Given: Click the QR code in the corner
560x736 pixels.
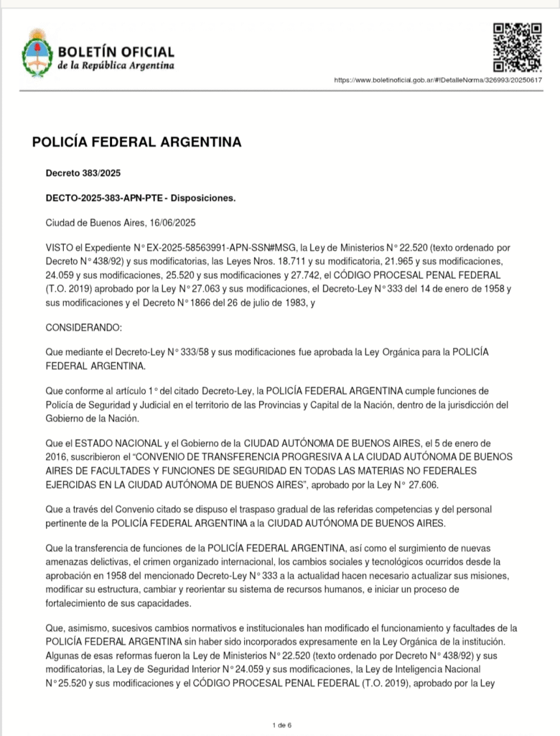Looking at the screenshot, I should pyautogui.click(x=517, y=47).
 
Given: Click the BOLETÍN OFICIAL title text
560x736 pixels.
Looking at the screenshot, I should pyautogui.click(x=116, y=52).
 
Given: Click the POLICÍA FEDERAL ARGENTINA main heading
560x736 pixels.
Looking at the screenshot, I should pyautogui.click(x=136, y=142).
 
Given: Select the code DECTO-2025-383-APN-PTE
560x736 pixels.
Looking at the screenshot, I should pyautogui.click(x=103, y=198).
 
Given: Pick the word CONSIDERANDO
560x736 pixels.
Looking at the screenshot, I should pyautogui.click(x=84, y=328).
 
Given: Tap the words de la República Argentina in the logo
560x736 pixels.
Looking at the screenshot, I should pyautogui.click(x=116, y=65).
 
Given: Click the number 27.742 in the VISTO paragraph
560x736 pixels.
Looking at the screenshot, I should pyautogui.click(x=332, y=275).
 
